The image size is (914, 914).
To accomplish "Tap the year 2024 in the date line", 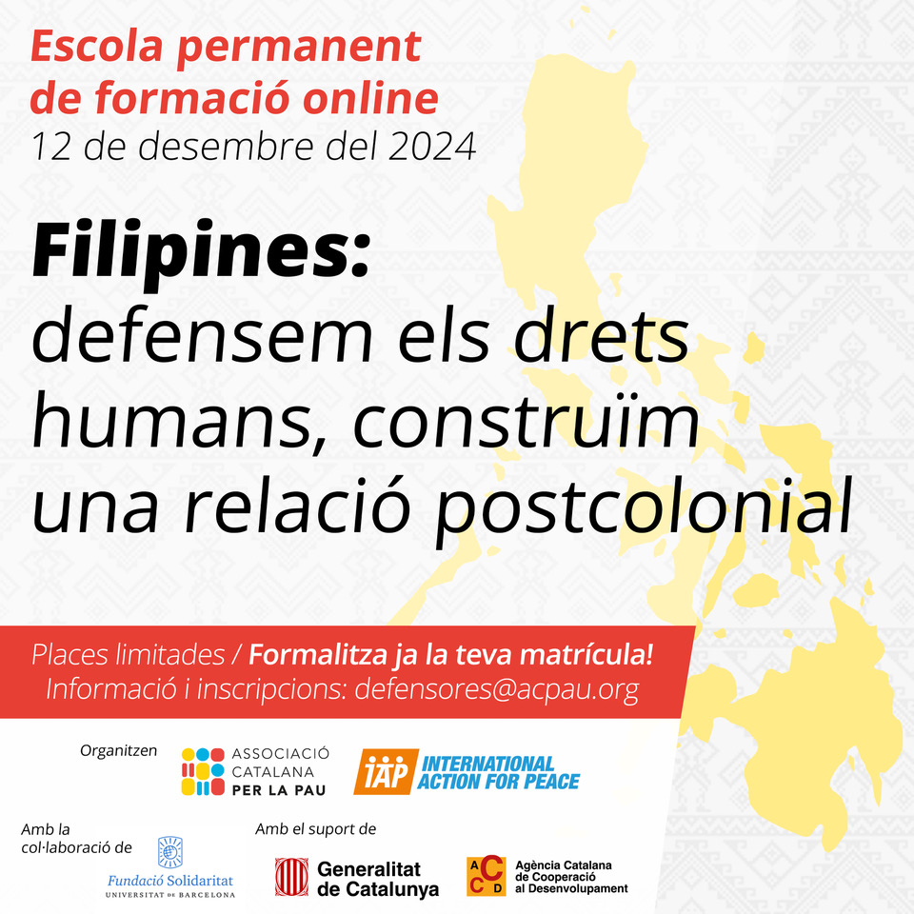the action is (432, 147).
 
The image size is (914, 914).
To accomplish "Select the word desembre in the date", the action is (227, 147).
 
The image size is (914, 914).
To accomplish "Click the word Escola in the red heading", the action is (97, 46).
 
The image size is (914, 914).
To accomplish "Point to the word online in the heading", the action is (371, 97).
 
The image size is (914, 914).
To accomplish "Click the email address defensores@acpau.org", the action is (497, 690).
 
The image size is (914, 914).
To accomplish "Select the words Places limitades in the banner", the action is (129, 655).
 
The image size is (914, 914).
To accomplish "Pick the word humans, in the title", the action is (178, 420).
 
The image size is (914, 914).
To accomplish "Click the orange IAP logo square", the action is (386, 772).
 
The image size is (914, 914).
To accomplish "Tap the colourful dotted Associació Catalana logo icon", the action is (203, 772).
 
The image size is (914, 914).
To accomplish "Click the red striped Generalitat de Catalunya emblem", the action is (291, 877).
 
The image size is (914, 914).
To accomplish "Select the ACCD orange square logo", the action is (487, 876).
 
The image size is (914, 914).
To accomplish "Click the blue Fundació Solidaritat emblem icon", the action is (170, 853).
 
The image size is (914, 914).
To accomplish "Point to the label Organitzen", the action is (119, 751).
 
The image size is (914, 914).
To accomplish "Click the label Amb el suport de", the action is (316, 829).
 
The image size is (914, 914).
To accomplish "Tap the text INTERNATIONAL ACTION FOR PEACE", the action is (498, 772).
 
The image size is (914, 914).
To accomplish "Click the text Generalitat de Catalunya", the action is (378, 879).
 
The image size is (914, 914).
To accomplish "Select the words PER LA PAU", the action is (279, 790).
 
